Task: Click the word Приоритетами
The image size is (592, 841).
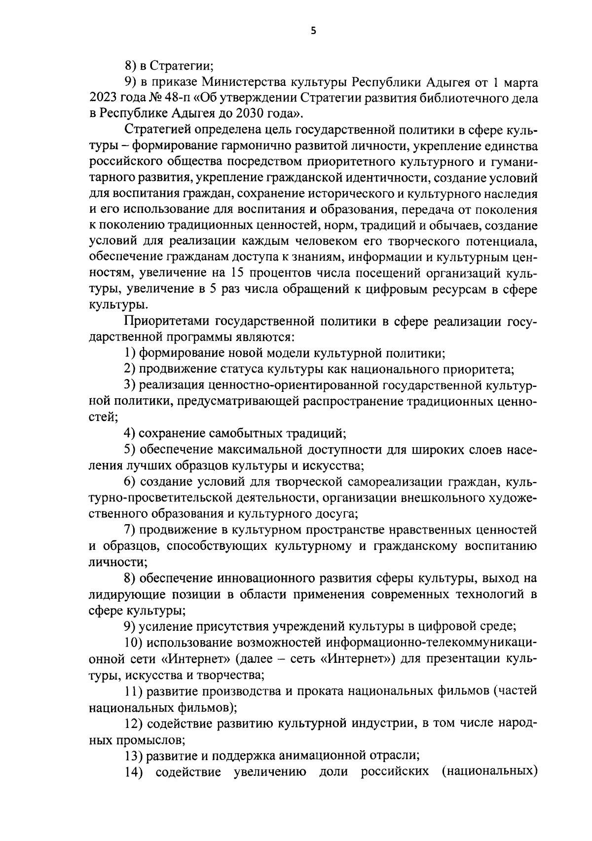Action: pos(165,321)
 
